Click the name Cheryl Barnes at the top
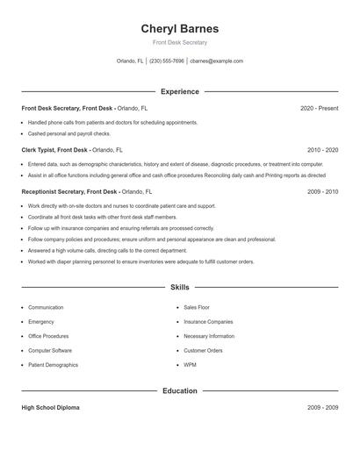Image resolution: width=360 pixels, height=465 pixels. point(179,28)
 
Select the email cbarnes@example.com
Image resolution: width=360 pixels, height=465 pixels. point(216,61)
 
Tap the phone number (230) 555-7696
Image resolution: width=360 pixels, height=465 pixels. point(167,61)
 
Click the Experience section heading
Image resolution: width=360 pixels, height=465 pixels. point(179,91)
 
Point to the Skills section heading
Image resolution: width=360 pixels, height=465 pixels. point(179,287)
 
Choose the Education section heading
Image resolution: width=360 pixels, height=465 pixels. point(179,390)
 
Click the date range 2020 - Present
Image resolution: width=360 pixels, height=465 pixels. point(319,108)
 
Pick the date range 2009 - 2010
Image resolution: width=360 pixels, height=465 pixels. point(322,191)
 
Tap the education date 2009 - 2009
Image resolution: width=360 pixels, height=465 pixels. point(322,408)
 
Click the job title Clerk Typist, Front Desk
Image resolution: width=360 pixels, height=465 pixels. point(54,150)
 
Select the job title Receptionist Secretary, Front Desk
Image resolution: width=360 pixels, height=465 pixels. point(68,191)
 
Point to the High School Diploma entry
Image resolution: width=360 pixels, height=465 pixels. point(50,408)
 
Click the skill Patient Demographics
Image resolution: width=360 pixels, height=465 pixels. point(53,365)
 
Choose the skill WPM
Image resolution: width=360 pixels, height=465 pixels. point(190,365)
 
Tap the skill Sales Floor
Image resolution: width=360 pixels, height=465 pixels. point(198,308)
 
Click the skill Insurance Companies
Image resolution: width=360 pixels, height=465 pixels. point(208,322)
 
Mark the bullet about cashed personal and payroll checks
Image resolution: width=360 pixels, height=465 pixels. point(68,133)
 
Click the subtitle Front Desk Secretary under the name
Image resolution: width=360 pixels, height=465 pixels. point(179,42)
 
